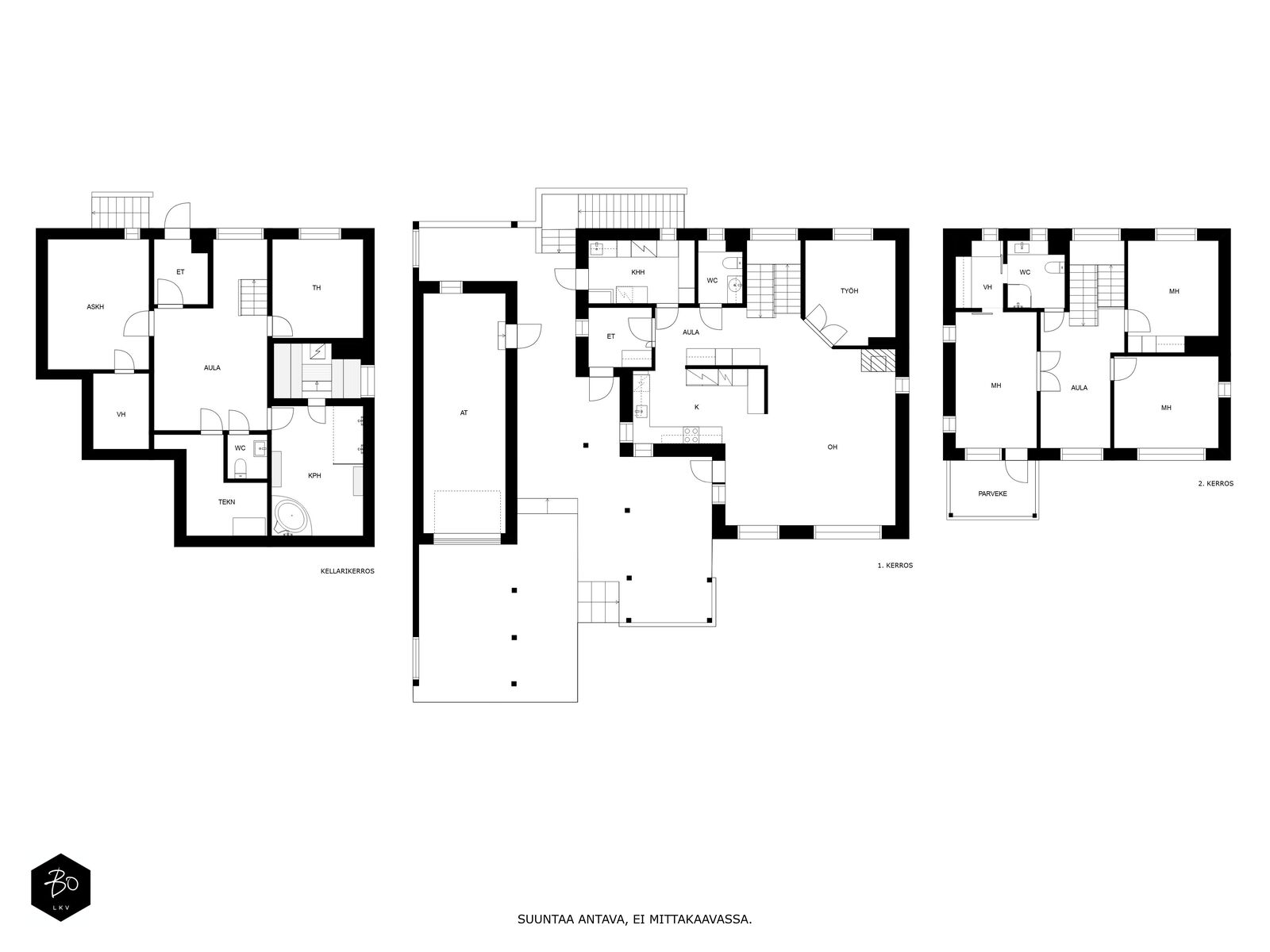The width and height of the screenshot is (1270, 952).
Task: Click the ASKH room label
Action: coord(95,306)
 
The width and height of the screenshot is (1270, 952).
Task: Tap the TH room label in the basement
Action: coord(317,288)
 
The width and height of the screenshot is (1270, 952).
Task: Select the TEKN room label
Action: coord(227,501)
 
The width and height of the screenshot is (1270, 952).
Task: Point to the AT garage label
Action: coord(464,413)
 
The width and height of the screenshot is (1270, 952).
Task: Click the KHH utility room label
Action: coord(638,272)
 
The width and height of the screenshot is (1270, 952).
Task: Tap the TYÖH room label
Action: coord(849,291)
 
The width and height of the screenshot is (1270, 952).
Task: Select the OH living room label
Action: coord(833,447)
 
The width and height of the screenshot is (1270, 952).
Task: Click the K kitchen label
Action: coord(697,407)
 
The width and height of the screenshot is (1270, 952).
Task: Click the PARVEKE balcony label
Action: coord(992,493)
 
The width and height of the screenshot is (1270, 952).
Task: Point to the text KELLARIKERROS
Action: coord(347,570)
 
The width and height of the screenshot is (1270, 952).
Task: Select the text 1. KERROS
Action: coord(895,566)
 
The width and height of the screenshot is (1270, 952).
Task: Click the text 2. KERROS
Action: coord(1215,483)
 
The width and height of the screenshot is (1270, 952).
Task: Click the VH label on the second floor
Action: coord(987,287)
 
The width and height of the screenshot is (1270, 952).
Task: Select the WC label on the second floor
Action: coord(1025,272)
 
